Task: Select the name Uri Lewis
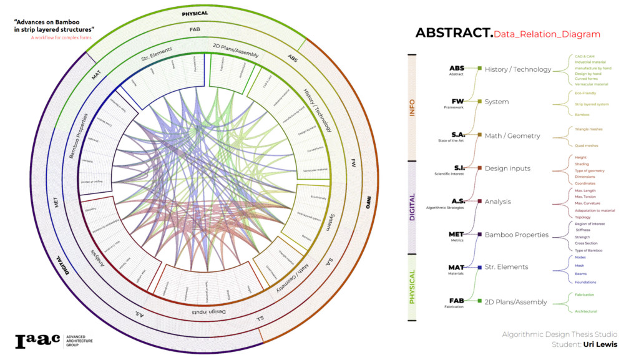click(600, 344)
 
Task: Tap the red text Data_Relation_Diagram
click(547, 34)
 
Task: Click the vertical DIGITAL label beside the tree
click(412, 207)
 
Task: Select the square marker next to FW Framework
click(479, 102)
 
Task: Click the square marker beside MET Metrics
click(479, 235)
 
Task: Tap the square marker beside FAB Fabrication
click(479, 301)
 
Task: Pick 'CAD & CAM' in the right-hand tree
click(585, 56)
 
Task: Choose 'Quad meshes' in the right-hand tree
click(587, 145)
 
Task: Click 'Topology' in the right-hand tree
click(583, 217)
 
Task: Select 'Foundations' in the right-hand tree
click(585, 282)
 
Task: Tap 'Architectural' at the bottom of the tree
click(586, 311)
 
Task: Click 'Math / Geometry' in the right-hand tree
click(512, 135)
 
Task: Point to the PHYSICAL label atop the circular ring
click(195, 13)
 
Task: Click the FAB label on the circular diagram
click(195, 29)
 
